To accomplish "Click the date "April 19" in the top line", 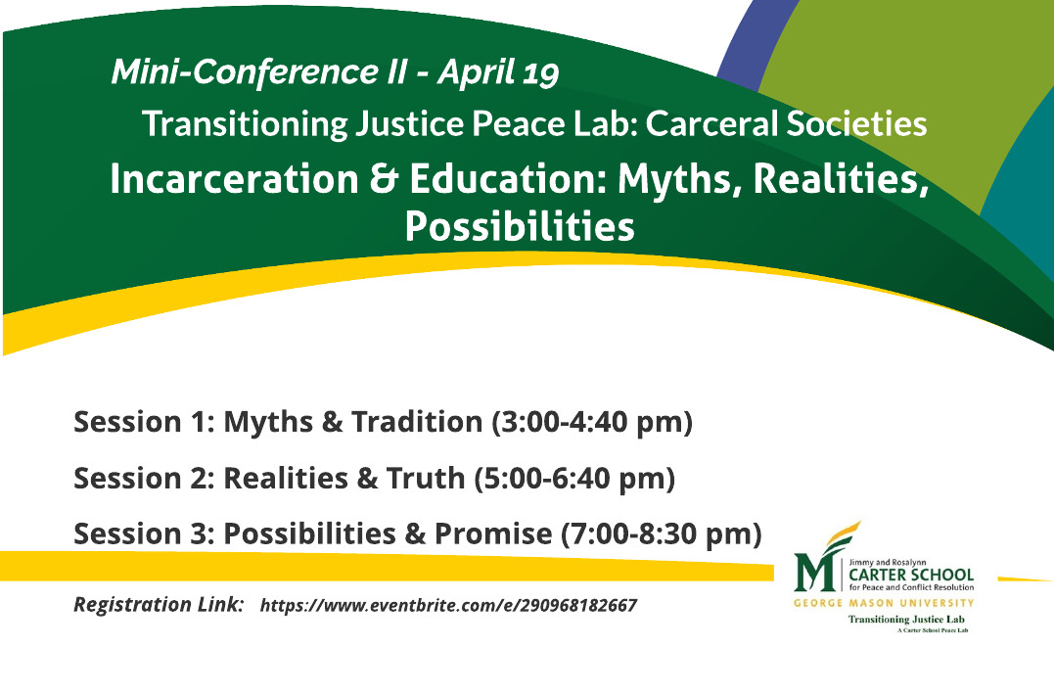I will coord(499,72).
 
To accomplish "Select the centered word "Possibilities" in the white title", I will coord(519,227).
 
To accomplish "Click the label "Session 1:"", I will coord(145,422).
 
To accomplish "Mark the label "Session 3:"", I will coord(145,533).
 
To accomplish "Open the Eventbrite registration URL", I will coord(448,606).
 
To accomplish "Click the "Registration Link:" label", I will coord(159,604).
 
